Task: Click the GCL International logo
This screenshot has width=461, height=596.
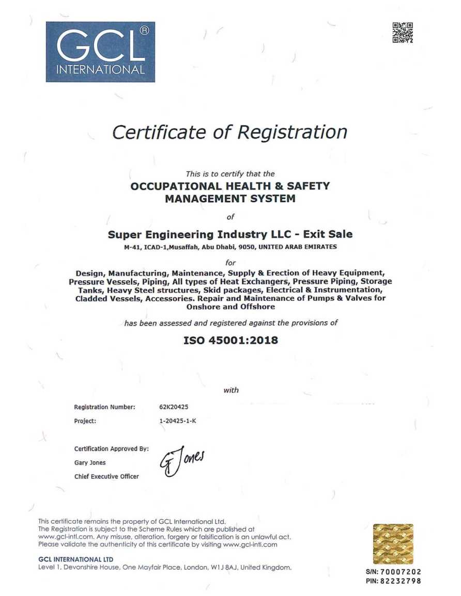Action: pyautogui.click(x=100, y=52)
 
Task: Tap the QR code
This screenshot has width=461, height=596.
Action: pyautogui.click(x=403, y=33)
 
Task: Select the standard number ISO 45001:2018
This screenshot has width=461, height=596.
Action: pyautogui.click(x=230, y=341)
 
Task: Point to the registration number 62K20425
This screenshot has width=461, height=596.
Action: pyautogui.click(x=174, y=407)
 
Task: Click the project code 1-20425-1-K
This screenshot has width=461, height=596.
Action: pyautogui.click(x=178, y=421)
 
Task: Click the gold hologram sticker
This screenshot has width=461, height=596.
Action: pyautogui.click(x=393, y=544)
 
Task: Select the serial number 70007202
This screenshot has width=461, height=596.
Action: pyautogui.click(x=401, y=572)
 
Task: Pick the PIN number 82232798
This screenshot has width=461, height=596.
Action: pyautogui.click(x=401, y=581)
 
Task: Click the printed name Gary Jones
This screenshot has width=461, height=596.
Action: pyautogui.click(x=90, y=463)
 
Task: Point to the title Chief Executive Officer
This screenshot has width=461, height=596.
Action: pyautogui.click(x=106, y=476)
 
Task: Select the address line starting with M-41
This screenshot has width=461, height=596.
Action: pyautogui.click(x=230, y=247)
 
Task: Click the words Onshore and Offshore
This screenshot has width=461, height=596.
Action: pyautogui.click(x=230, y=306)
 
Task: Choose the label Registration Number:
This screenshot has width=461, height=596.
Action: pyautogui.click(x=104, y=407)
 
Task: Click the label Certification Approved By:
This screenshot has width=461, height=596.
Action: pyautogui.click(x=111, y=449)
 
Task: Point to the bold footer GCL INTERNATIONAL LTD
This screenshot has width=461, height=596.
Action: pyautogui.click(x=76, y=559)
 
